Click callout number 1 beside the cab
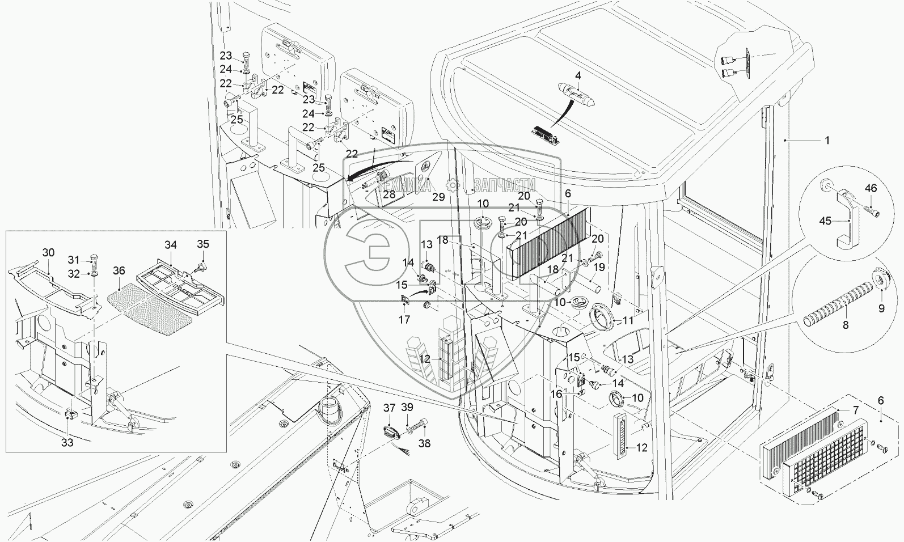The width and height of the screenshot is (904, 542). (x=827, y=139)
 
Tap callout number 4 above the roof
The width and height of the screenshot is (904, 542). (x=578, y=75)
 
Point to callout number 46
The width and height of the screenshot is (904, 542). (x=871, y=188)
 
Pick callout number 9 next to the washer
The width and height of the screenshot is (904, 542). (x=881, y=308)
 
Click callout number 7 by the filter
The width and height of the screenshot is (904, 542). (x=856, y=409)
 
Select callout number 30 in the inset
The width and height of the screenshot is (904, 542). (x=48, y=252)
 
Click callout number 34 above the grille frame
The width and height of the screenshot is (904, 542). (x=171, y=245)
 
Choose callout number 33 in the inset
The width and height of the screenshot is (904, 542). (x=67, y=443)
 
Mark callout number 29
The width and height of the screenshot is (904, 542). (x=438, y=197)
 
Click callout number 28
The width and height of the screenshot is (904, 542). (x=388, y=194)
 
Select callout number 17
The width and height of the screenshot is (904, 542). (x=403, y=320)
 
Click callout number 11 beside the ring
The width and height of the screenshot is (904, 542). (x=628, y=321)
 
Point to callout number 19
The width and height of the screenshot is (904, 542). (x=599, y=267)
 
